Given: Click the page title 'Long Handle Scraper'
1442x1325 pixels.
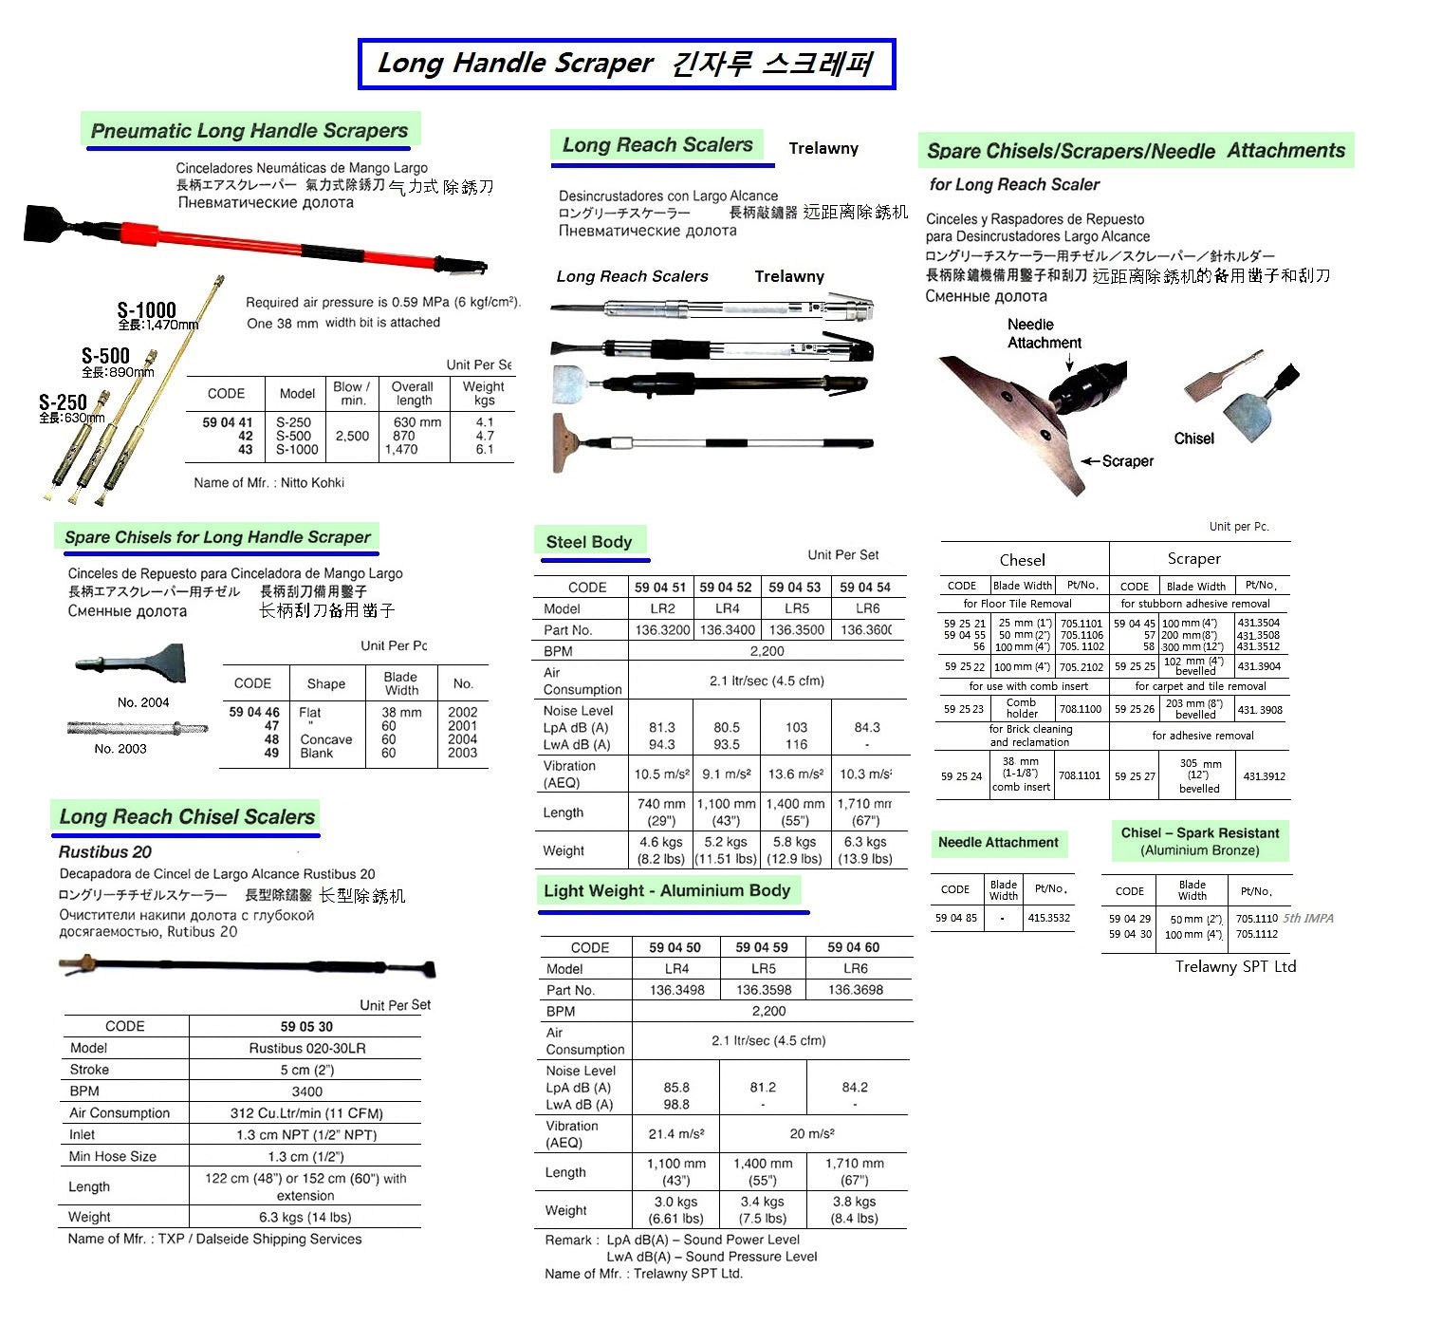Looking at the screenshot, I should (515, 64).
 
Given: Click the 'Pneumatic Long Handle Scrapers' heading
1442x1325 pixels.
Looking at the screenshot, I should (249, 131).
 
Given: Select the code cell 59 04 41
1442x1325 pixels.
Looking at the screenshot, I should (228, 422).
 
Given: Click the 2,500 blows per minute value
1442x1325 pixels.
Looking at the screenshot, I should (352, 436).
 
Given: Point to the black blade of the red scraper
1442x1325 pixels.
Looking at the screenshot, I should (57, 224).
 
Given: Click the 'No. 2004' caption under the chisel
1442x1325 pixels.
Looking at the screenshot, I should (143, 702).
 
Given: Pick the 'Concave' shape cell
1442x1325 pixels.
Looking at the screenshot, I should (325, 739).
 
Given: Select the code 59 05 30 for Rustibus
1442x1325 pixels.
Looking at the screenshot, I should (306, 1026).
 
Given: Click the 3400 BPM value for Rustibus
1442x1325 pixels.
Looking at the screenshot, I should (306, 1092).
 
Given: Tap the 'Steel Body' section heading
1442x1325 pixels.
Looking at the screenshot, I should (588, 542).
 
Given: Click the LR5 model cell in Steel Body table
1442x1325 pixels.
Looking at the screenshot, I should (796, 608).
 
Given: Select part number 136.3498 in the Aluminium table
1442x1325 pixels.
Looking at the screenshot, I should (676, 990).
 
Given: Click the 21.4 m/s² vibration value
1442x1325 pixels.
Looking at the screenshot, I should (675, 1133).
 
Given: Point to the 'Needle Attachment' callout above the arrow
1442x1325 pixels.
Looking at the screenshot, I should (1044, 333).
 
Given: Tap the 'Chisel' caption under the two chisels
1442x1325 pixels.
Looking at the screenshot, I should (1193, 439).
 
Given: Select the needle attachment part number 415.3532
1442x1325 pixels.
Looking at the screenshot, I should (1048, 918).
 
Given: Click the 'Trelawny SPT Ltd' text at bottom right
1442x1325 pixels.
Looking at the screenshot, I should (1235, 966).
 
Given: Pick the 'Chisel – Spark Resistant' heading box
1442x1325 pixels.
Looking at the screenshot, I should (1199, 841).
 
